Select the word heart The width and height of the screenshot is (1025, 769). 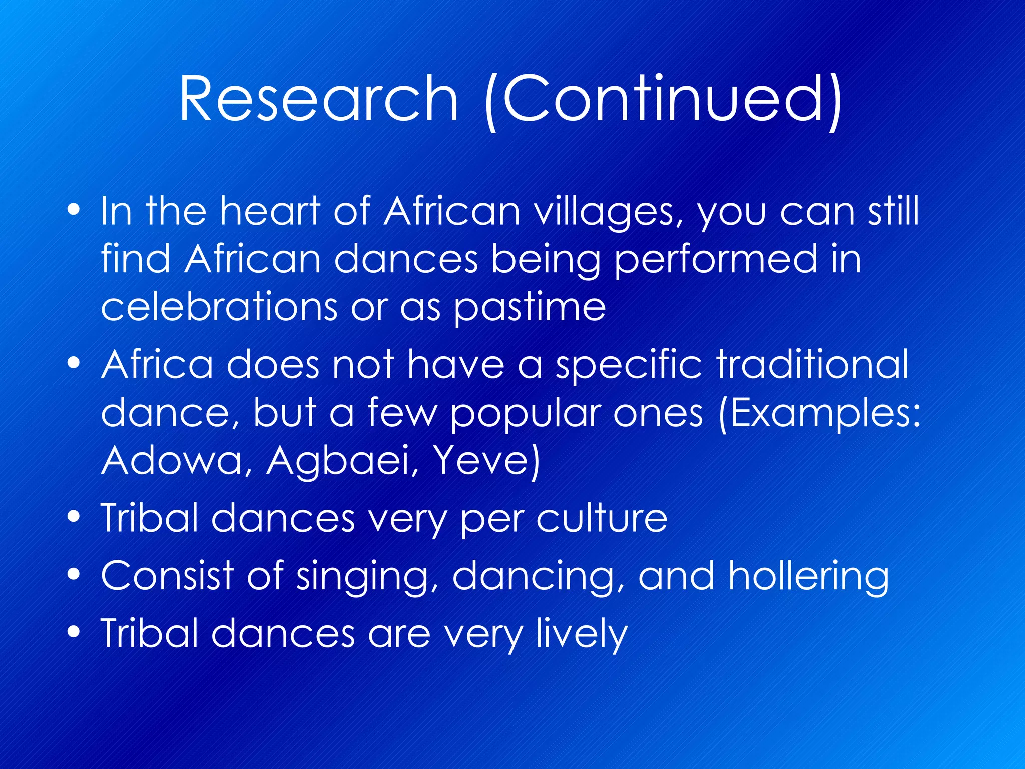[x=270, y=211]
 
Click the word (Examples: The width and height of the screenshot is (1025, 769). [x=819, y=414]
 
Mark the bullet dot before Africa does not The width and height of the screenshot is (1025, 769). [x=74, y=363]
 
